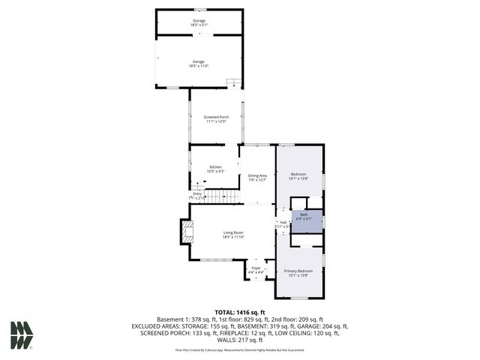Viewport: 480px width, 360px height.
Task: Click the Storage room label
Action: pos(199,20)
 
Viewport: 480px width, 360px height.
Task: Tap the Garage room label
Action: pos(199,62)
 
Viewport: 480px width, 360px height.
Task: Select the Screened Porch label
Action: pos(216,117)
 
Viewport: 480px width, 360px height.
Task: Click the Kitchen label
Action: pos(215,166)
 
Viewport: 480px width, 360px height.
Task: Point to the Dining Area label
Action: pos(257,175)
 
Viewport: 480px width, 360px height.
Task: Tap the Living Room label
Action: pos(233,232)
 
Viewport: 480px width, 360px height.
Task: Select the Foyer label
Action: pos(256,267)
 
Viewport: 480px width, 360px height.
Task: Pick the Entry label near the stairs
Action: pos(197,193)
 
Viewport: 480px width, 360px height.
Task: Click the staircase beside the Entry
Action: pos(220,196)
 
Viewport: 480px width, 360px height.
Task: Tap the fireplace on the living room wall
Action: pos(184,232)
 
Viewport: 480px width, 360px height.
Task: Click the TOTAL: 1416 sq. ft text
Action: pos(240,312)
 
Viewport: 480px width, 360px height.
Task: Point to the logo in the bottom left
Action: pos(22,335)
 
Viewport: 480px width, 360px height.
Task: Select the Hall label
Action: pos(283,222)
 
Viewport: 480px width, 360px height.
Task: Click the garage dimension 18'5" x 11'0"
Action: pos(199,67)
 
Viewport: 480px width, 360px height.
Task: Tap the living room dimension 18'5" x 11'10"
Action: pos(233,237)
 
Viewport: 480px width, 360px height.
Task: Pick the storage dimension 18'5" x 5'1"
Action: pos(199,25)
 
